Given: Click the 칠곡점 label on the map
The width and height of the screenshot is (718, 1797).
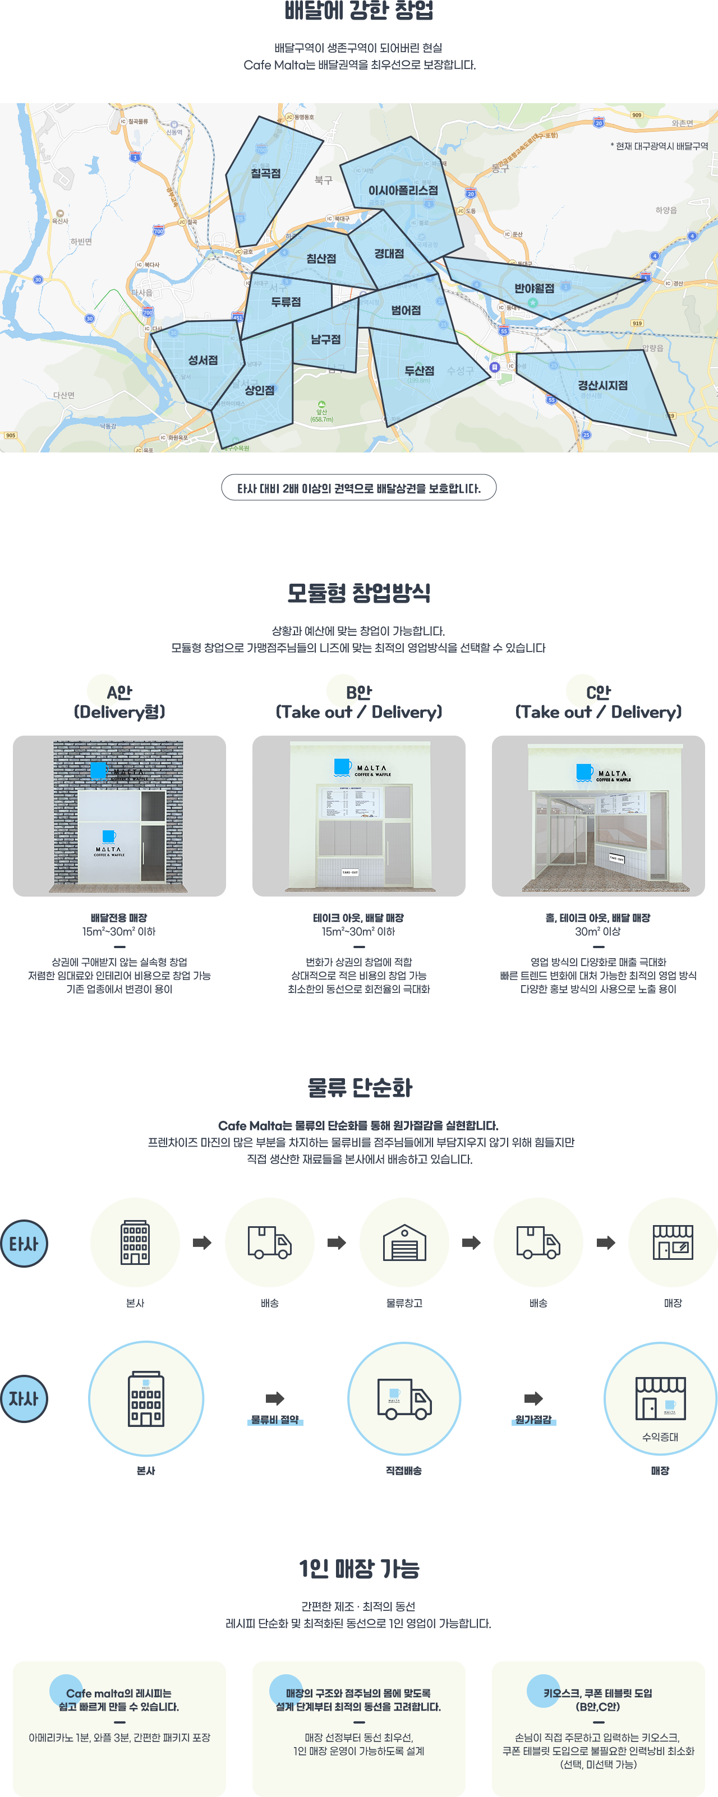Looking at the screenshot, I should point(265,173).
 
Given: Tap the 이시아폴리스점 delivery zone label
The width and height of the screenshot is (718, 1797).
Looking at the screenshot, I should point(403,191).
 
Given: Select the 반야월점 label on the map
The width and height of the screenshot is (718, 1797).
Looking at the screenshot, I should point(534,288).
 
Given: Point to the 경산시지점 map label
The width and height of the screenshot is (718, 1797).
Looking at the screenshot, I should point(602,385).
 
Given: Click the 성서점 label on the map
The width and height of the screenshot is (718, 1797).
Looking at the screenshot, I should point(202,360).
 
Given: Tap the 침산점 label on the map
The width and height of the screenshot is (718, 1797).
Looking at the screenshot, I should point(321,258).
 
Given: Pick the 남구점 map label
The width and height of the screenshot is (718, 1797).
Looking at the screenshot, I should point(325,339).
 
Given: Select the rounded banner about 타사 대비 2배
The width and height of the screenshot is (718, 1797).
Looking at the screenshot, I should point(358,488).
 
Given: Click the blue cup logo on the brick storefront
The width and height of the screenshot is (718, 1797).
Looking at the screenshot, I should point(98,769).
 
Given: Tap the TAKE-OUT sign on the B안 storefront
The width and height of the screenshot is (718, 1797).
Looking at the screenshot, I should point(349,872).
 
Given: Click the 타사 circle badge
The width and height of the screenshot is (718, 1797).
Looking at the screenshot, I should point(24,1243).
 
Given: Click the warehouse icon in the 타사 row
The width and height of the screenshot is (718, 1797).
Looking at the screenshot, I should point(404,1242).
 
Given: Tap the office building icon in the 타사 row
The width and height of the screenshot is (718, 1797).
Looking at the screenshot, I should point(135,1242).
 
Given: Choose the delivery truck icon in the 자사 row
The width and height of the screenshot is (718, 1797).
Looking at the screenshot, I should point(403,1399).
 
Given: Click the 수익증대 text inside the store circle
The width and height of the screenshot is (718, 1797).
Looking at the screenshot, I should point(660,1437).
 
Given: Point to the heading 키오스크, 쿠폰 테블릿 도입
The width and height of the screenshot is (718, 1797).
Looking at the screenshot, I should point(597,1693).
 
